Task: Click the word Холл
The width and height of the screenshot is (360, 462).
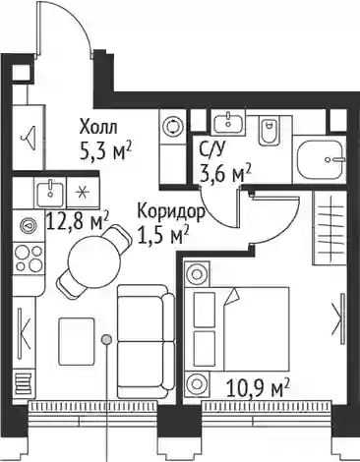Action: click(x=98, y=127)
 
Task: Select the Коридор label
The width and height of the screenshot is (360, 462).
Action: click(x=171, y=213)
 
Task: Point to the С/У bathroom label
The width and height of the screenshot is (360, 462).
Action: click(x=212, y=150)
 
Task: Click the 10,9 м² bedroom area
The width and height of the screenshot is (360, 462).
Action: click(x=259, y=388)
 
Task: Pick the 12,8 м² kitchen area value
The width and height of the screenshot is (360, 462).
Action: click(x=78, y=221)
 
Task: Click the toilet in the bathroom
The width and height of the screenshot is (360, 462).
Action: click(x=268, y=132)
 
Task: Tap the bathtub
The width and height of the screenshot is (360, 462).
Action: click(x=321, y=159)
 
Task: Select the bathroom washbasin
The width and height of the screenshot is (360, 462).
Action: click(x=229, y=122)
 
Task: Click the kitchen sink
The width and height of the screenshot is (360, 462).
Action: click(x=50, y=193)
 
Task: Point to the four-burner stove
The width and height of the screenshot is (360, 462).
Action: click(x=30, y=259)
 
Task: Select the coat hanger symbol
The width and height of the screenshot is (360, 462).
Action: click(x=30, y=136)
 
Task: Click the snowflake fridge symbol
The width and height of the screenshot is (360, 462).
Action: click(x=82, y=193)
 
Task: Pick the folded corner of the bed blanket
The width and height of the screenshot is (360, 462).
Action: click(x=232, y=297)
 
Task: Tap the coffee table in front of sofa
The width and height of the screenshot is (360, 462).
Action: click(x=77, y=342)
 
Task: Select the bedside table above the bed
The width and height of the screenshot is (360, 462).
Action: click(x=198, y=273)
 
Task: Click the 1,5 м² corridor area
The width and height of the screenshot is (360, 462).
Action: click(x=163, y=235)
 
